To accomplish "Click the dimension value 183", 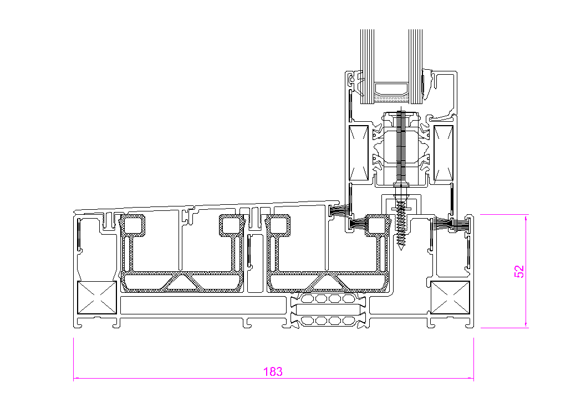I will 273,371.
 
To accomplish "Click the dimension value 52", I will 519,271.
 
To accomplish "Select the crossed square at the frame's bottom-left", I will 97,298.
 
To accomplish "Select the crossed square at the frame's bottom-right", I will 450,298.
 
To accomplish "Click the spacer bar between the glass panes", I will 391,91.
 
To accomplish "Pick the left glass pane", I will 366,66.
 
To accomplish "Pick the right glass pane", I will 416,66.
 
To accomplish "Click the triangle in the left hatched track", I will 181,282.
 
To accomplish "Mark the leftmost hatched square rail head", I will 133,225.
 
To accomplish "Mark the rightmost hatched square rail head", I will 378,225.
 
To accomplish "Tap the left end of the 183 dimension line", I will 74,379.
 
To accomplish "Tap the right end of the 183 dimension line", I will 473,379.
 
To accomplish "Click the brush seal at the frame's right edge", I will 461,224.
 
